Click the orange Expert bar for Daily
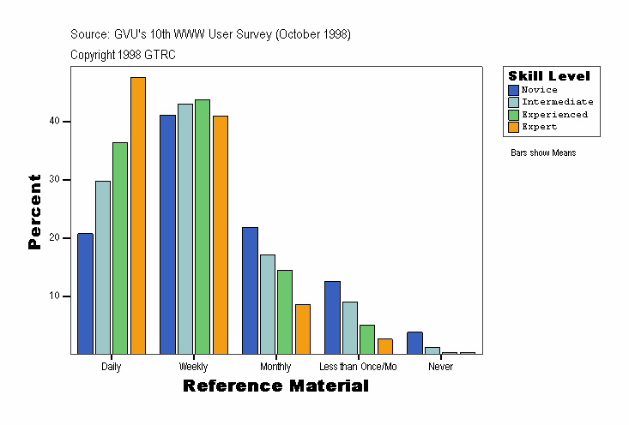[x=138, y=215]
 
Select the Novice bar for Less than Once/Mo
[x=332, y=317]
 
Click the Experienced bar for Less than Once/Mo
[x=367, y=338]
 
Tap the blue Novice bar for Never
[x=414, y=343]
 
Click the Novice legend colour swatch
[x=513, y=90]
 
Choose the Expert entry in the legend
[x=540, y=127]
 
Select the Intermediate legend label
[x=558, y=102]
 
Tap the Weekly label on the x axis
[x=193, y=367]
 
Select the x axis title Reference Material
[x=275, y=386]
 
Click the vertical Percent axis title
[x=35, y=211]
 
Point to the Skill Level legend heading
[x=549, y=76]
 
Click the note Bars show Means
[x=543, y=153]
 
